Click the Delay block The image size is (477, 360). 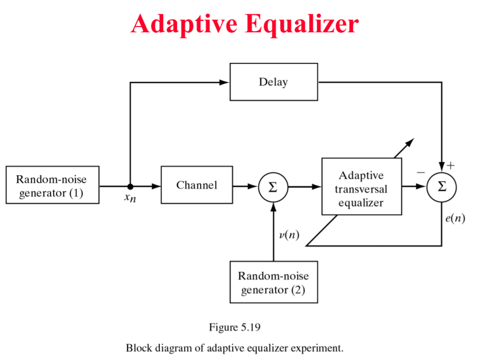pyautogui.click(x=273, y=82)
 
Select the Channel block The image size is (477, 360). pyautogui.click(x=196, y=185)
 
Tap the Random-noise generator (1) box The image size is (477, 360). pyautogui.click(x=52, y=185)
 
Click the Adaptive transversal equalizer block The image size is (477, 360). pyautogui.click(x=361, y=188)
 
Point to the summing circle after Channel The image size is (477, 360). pyautogui.click(x=273, y=187)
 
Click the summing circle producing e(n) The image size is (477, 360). pyautogui.click(x=442, y=187)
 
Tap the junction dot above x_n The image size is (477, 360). pyautogui.click(x=131, y=186)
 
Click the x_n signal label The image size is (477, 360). pyautogui.click(x=130, y=198)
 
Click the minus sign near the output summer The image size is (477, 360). pyautogui.click(x=420, y=173)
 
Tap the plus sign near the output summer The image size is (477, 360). pyautogui.click(x=450, y=165)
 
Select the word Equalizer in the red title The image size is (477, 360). pyautogui.click(x=301, y=23)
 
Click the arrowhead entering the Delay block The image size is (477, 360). pyautogui.click(x=224, y=82)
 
